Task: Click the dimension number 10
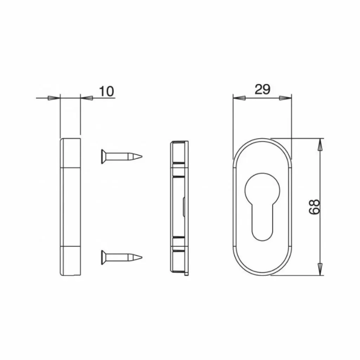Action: tap(106, 91)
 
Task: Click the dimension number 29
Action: tap(263, 90)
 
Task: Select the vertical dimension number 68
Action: tap(314, 207)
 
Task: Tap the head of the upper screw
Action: tap(103, 156)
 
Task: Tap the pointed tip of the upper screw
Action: tap(142, 156)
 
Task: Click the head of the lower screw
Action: tap(103, 257)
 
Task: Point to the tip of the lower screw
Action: tap(142, 257)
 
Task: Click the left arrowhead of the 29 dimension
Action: tap(239, 98)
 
